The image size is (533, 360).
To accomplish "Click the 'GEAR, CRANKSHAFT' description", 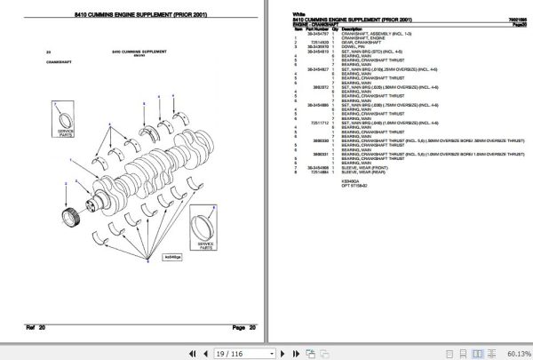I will [360, 42].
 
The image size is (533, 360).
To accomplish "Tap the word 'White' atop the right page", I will [298, 12].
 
